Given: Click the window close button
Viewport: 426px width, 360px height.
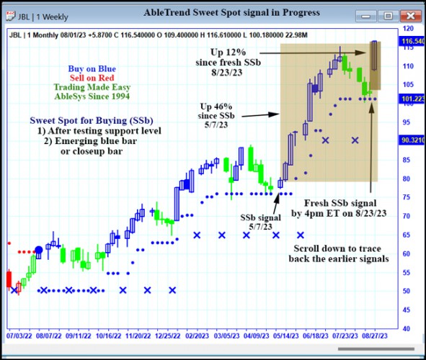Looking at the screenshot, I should tap(407, 15).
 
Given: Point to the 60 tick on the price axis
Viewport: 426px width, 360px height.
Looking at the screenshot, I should tap(408, 253).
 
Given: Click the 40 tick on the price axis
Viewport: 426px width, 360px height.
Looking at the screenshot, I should tap(408, 328).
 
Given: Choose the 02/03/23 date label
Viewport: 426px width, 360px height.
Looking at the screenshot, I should tap(195, 336).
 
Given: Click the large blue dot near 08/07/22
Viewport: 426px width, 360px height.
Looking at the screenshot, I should tap(39, 251).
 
